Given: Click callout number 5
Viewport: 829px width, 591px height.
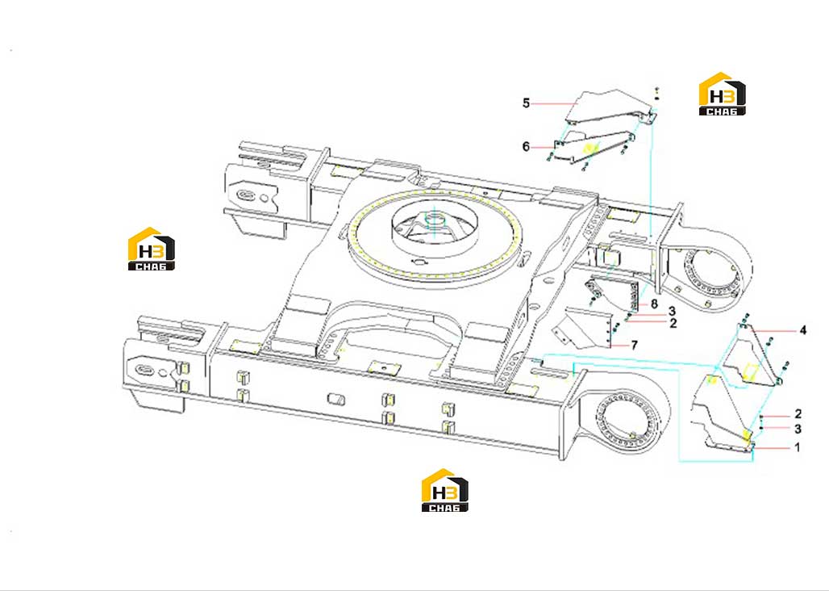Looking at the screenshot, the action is pos(526,103).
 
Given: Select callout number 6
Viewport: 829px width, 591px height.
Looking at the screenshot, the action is pos(526,147).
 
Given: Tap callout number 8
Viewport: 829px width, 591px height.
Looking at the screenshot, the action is pos(655,304).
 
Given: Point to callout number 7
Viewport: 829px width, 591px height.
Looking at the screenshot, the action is pos(635,346).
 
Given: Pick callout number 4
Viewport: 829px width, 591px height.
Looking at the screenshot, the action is pos(803,331).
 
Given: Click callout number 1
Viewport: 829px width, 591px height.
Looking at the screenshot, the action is pos(798,447).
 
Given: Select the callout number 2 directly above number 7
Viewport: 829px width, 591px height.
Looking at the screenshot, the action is pos(673,323).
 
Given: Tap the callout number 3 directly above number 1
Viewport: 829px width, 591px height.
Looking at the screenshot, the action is pos(798,429).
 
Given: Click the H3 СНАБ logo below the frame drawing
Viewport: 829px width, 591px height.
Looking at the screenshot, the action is pos(444,490).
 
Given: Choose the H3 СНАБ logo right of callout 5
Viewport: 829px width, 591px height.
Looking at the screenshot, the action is pos(723,94).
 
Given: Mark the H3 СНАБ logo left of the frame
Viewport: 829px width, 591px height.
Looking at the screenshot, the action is pos(152,249).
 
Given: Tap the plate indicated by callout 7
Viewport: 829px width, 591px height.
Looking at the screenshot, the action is pos(584,328).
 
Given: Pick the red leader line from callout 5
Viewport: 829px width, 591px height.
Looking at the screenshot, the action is pos(552,104).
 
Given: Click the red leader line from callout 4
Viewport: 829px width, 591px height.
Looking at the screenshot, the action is pos(775,331).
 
